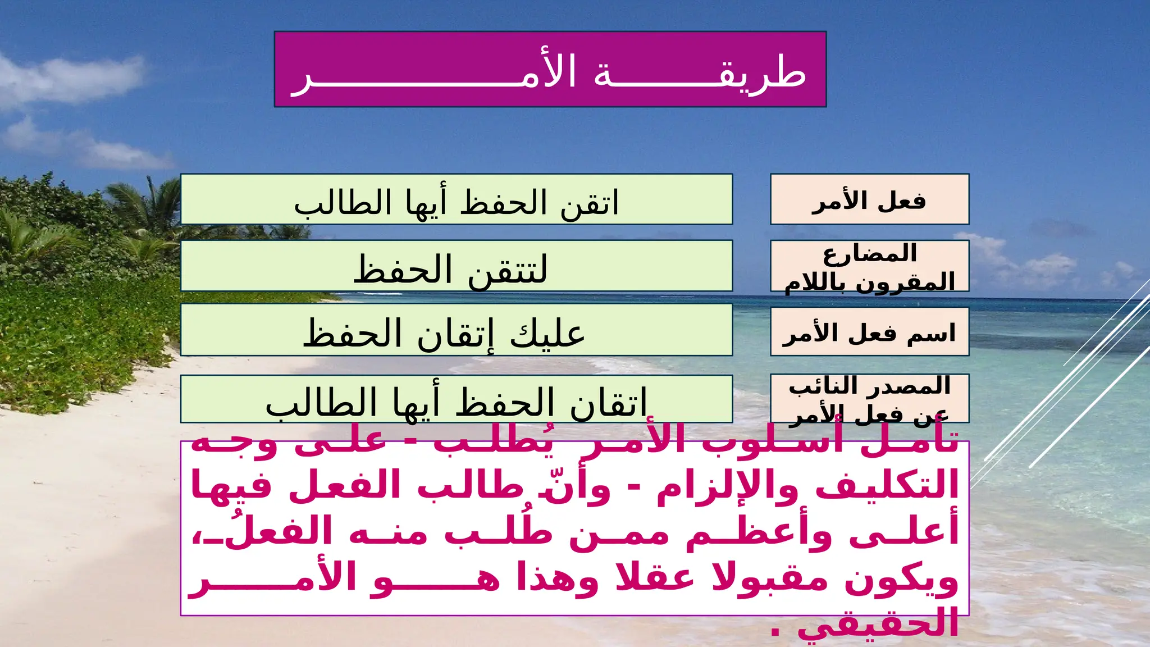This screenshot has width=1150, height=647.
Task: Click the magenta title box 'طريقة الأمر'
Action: point(550,69)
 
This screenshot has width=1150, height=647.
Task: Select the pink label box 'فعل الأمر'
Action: point(869,199)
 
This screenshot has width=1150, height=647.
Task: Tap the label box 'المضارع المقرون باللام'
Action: point(869,266)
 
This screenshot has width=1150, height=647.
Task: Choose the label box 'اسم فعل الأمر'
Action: point(869,331)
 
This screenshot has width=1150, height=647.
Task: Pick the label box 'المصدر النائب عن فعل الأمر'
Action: point(869,398)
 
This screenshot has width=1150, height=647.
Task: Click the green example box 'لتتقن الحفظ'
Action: point(456,266)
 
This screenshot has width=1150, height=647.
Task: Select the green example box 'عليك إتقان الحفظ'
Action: point(456,330)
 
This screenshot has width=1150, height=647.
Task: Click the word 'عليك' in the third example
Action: point(547,332)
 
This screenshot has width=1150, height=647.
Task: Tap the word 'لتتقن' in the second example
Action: point(508,270)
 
